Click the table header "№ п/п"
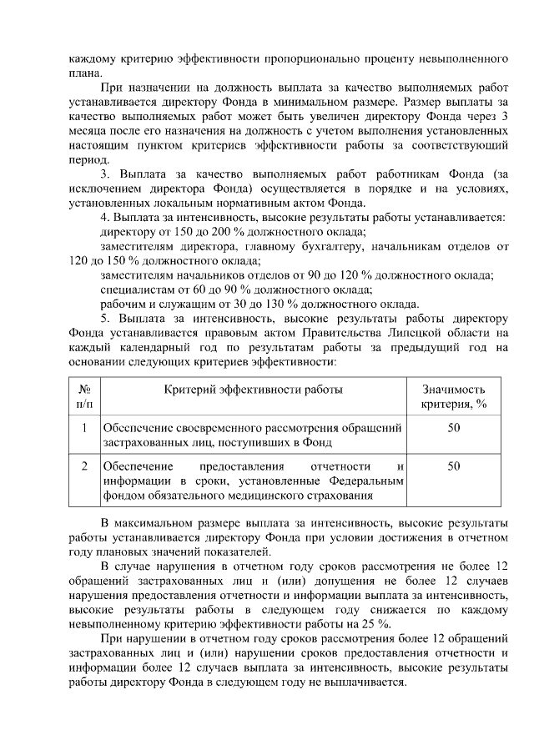(84, 396)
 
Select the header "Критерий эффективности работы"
(253, 390)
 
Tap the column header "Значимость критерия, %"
(454, 396)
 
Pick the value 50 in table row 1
(454, 428)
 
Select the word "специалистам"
(134, 289)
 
